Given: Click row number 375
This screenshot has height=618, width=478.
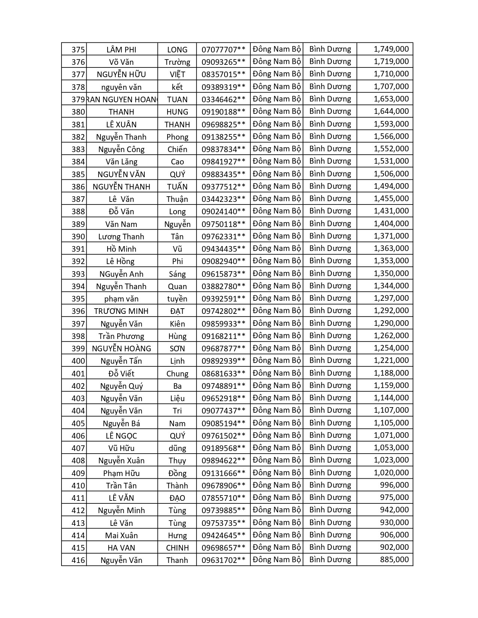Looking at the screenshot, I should [78, 50].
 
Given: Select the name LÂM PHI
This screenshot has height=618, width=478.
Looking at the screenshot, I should [121, 50].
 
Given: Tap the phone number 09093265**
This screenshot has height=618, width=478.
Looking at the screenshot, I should [223, 62].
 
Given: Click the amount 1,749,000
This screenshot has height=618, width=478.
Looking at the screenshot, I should [391, 49].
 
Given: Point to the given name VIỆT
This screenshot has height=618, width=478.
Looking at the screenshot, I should [177, 75].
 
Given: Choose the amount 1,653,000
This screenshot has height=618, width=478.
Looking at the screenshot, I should [391, 99].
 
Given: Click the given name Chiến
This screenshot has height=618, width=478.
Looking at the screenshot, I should [177, 149].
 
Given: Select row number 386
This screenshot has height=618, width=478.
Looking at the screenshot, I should [78, 187].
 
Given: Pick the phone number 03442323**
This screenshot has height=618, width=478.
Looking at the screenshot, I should [223, 199].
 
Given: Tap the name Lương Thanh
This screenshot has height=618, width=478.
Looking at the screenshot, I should [121, 237].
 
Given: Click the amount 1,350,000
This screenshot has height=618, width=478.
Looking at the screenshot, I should [391, 273].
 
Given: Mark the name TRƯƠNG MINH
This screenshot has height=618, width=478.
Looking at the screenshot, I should [121, 311].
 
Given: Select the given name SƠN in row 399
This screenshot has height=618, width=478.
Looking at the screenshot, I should [177, 349].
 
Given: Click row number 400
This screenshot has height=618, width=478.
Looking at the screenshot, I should [78, 361].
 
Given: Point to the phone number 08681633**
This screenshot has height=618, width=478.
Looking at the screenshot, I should [223, 374].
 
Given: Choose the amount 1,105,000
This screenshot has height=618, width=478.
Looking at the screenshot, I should [391, 423].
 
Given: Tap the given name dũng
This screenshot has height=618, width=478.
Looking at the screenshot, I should [177, 448].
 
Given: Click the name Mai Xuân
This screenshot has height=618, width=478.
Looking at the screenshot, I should [121, 536].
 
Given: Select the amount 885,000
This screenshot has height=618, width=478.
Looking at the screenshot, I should [394, 560].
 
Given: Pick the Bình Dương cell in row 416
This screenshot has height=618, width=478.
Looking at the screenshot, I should [330, 560].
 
